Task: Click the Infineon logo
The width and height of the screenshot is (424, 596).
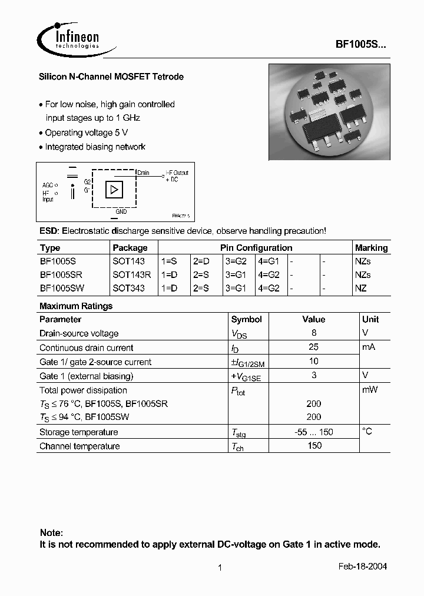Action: (x=68, y=39)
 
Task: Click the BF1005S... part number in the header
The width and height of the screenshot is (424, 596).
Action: (x=361, y=44)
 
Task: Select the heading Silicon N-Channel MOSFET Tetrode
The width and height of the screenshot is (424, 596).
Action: (x=111, y=77)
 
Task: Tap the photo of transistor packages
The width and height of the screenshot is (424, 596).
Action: (x=329, y=112)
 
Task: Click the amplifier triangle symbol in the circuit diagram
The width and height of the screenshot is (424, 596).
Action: (x=113, y=190)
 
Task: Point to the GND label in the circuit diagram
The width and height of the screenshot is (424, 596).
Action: (x=121, y=211)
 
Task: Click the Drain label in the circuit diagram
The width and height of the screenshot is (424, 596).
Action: (x=143, y=173)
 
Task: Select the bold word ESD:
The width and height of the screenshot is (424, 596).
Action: (x=49, y=231)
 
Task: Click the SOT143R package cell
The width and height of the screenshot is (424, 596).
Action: (x=131, y=275)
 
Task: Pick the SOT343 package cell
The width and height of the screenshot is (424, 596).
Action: (x=128, y=289)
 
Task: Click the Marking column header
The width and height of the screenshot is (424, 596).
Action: (x=371, y=248)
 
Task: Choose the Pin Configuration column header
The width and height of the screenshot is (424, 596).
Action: (x=256, y=248)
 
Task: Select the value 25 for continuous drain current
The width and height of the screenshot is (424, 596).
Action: (x=314, y=347)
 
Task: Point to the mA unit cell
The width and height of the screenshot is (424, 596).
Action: (x=369, y=347)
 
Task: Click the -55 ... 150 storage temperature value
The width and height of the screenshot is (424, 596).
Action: (x=314, y=432)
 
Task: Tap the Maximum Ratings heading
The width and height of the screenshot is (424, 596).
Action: (x=76, y=306)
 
